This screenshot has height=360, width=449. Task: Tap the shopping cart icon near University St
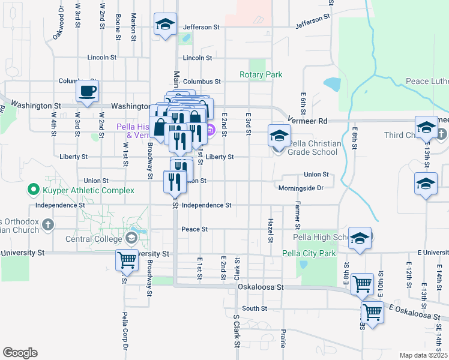click(127, 260)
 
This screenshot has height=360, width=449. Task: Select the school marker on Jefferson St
click(165, 25)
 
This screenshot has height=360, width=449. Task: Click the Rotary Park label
click(261, 75)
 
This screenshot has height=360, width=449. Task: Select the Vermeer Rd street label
click(307, 121)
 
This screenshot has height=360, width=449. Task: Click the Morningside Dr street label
click(301, 188)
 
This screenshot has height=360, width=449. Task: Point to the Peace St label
click(194, 229)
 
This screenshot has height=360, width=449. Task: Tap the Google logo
click(20, 353)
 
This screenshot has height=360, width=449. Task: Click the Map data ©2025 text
click(423, 355)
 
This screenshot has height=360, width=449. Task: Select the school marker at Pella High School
click(360, 238)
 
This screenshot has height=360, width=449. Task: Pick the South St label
click(255, 308)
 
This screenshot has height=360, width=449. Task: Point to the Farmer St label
click(297, 215)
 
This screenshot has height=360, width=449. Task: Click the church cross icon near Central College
click(49, 224)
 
